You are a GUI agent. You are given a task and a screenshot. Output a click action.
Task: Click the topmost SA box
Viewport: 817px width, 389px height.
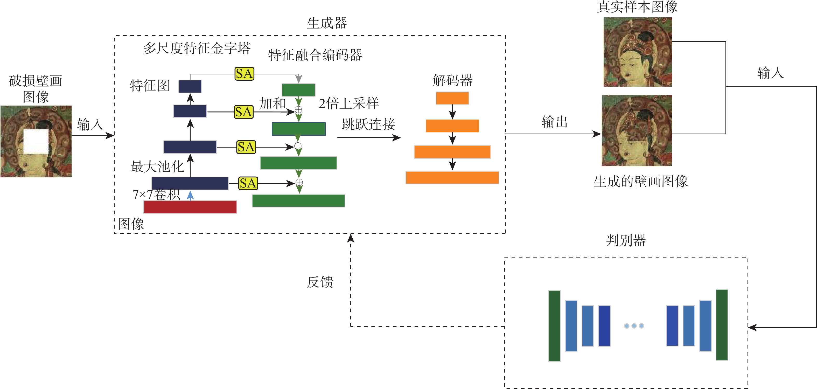[244, 74]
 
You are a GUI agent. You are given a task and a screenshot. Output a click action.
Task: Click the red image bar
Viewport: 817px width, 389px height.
[190, 207]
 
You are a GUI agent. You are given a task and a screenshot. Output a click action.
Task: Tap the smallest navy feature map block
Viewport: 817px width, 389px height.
[190, 86]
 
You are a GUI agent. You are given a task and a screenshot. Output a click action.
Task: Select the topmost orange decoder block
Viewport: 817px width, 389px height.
[452, 98]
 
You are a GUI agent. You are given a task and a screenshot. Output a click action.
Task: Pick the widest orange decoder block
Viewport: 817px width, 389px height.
[452, 178]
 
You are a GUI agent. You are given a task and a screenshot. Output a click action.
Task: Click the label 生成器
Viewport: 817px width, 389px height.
[327, 23]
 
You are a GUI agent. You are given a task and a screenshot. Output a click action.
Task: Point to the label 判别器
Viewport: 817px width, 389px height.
[626, 240]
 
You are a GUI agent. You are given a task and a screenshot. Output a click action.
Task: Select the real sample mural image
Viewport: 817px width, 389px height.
[638, 52]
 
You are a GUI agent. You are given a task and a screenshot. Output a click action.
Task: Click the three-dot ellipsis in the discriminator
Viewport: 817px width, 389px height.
[634, 326]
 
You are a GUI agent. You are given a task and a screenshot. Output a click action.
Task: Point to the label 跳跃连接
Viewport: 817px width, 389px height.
[368, 124]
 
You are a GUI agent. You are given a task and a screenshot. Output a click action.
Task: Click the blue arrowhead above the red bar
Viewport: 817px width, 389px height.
[190, 195]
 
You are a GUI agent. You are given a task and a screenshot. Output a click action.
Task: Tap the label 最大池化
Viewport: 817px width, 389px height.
[157, 166]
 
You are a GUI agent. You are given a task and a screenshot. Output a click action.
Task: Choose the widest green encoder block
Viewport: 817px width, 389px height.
[298, 201]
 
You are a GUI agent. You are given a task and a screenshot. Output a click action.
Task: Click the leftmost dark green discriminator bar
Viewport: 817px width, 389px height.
[554, 326]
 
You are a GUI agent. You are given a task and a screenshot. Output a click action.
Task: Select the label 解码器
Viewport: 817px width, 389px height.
[453, 80]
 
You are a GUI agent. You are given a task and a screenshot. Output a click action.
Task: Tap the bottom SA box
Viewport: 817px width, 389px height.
[248, 183]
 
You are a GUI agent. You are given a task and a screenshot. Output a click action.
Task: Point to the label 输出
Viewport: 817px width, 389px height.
[554, 122]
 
